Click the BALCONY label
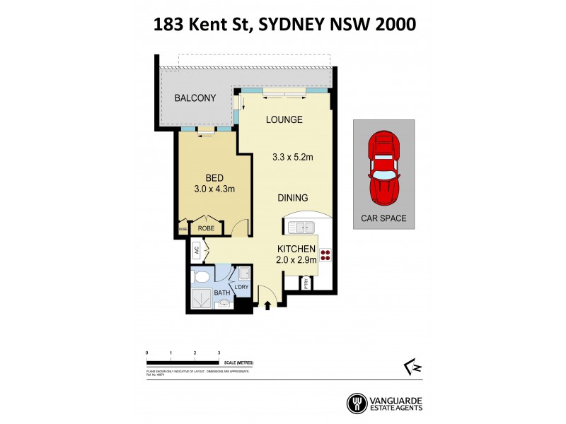195,98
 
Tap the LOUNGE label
284,119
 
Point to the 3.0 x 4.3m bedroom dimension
214,189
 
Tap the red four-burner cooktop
326,256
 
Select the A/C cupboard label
196,249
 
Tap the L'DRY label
242,286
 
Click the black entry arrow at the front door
267,305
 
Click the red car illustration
384,167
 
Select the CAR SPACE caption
384,218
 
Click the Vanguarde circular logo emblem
357,404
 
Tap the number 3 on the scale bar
219,352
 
